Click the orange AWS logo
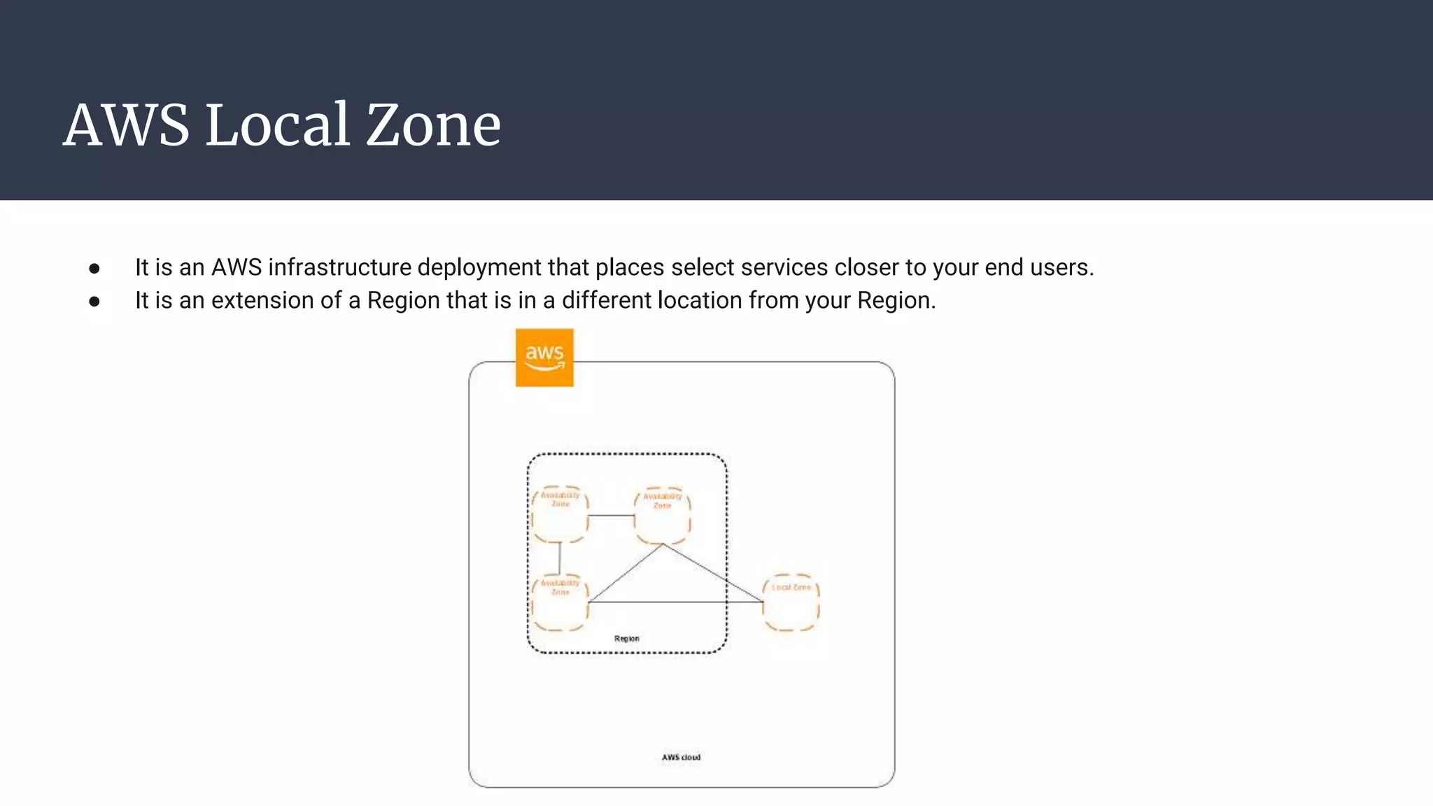click(x=544, y=357)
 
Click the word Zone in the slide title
click(x=433, y=125)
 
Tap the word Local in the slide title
click(x=277, y=125)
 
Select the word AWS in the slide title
click(x=126, y=125)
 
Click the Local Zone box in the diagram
click(x=791, y=603)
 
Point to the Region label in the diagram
click(x=626, y=638)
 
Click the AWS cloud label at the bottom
click(x=681, y=757)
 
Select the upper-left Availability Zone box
click(x=560, y=515)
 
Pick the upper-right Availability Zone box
click(x=662, y=516)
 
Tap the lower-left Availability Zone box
click(x=560, y=603)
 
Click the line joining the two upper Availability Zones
click(x=611, y=516)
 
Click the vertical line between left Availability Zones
click(x=560, y=558)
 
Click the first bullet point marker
click(x=94, y=268)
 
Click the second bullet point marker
click(x=94, y=301)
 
